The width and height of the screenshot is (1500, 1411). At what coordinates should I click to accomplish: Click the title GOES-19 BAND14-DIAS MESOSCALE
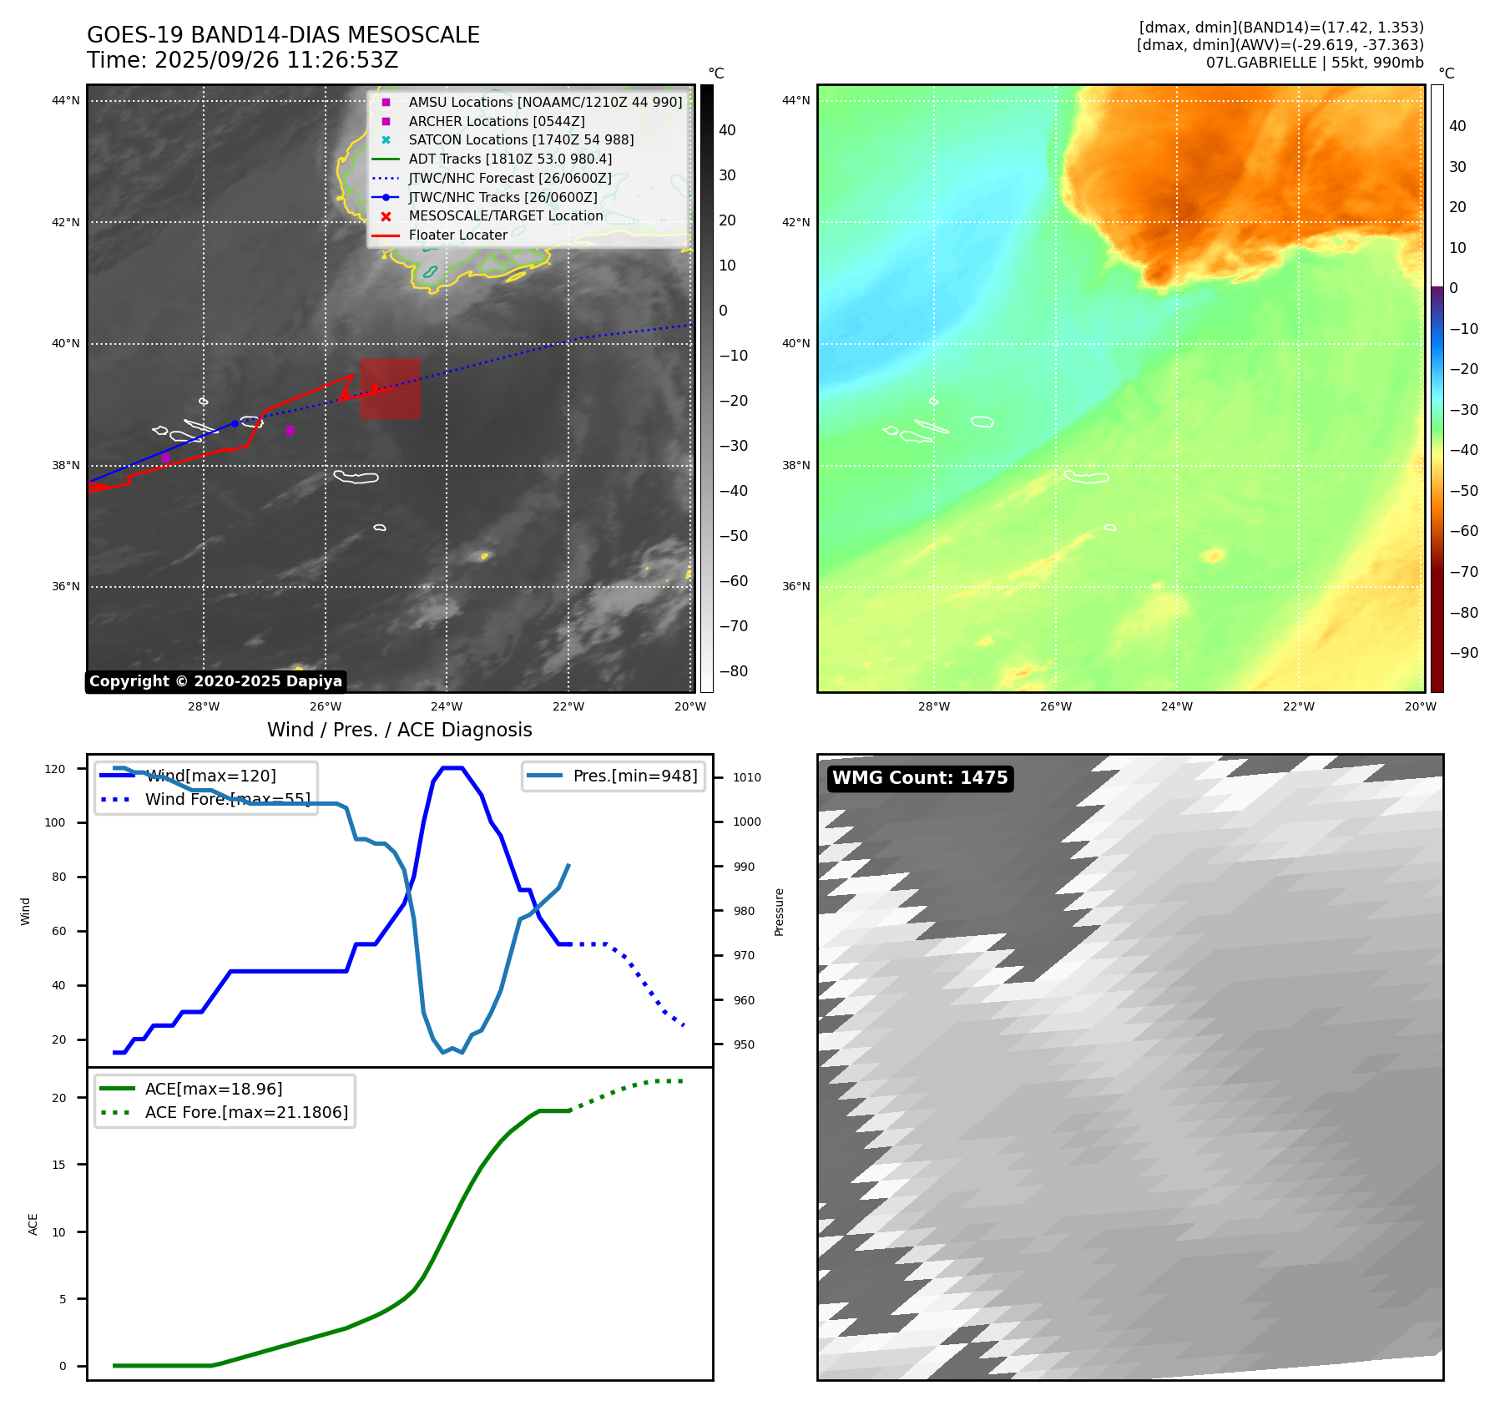(283, 35)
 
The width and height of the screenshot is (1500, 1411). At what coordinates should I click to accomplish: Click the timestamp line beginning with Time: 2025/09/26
(242, 60)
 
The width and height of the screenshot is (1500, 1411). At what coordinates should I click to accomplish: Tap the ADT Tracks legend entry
(510, 159)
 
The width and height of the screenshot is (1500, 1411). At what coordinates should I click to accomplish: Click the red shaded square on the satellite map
(390, 388)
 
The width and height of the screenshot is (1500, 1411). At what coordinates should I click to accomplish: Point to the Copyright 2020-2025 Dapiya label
(215, 681)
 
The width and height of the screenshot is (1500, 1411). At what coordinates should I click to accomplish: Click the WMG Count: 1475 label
(920, 778)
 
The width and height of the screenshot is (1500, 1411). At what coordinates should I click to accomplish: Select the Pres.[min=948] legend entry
(634, 776)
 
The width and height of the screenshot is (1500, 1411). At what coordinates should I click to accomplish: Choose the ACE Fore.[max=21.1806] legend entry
(246, 1112)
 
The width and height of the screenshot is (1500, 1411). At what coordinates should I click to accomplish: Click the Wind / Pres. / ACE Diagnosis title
(399, 730)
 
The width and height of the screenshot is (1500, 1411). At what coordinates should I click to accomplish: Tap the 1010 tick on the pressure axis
(747, 777)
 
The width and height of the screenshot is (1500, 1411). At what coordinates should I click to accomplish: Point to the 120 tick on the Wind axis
(55, 769)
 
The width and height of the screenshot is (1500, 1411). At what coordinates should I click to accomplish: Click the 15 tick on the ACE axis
(58, 1165)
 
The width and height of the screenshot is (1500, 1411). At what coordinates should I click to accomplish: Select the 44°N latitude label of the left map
(66, 101)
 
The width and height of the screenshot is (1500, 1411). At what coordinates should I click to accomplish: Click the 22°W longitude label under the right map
(1298, 706)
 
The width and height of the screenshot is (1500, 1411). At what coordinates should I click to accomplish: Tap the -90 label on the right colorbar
(1463, 653)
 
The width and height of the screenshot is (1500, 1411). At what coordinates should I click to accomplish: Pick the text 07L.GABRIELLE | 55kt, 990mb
(1315, 63)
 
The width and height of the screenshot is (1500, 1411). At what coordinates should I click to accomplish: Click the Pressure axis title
(779, 912)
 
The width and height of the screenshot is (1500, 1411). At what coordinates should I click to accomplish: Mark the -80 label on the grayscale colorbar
(734, 671)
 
